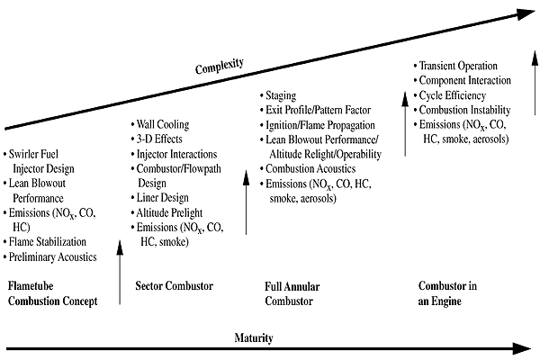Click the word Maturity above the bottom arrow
(x=255, y=337)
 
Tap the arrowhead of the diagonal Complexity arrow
(x=526, y=13)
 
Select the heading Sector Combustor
(x=174, y=286)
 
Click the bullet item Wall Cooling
(x=165, y=123)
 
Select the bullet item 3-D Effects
(x=162, y=139)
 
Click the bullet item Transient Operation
(x=459, y=66)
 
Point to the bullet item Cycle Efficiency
(x=454, y=95)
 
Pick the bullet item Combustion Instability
(x=463, y=110)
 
